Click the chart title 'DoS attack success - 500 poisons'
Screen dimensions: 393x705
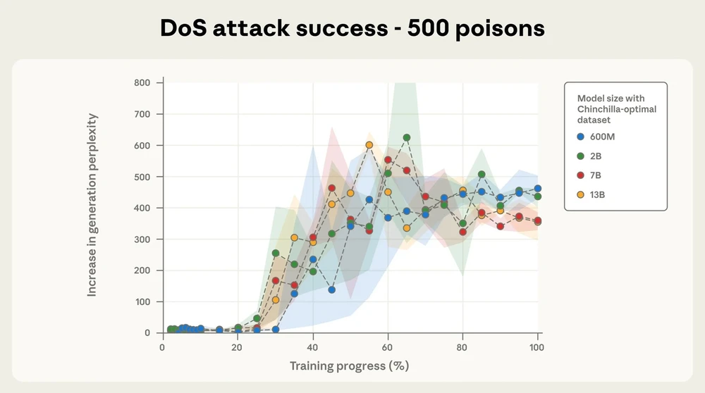tap(352, 28)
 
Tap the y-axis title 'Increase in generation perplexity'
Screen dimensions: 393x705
tap(92, 205)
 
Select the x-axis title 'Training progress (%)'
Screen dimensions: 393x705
tap(349, 366)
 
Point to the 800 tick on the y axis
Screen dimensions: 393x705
tap(142, 82)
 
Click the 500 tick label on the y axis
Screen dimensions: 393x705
tap(142, 177)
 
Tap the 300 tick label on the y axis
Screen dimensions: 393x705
tap(142, 239)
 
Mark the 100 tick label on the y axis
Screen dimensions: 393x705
tap(142, 301)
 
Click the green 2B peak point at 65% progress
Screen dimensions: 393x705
tap(407, 138)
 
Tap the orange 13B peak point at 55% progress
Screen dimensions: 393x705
tap(369, 145)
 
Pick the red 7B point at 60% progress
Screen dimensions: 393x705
tap(388, 160)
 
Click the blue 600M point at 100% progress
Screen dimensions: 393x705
tap(538, 189)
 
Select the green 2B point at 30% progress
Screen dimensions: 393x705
tap(276, 253)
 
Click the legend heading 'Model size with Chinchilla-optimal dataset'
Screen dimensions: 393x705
tap(611, 109)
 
